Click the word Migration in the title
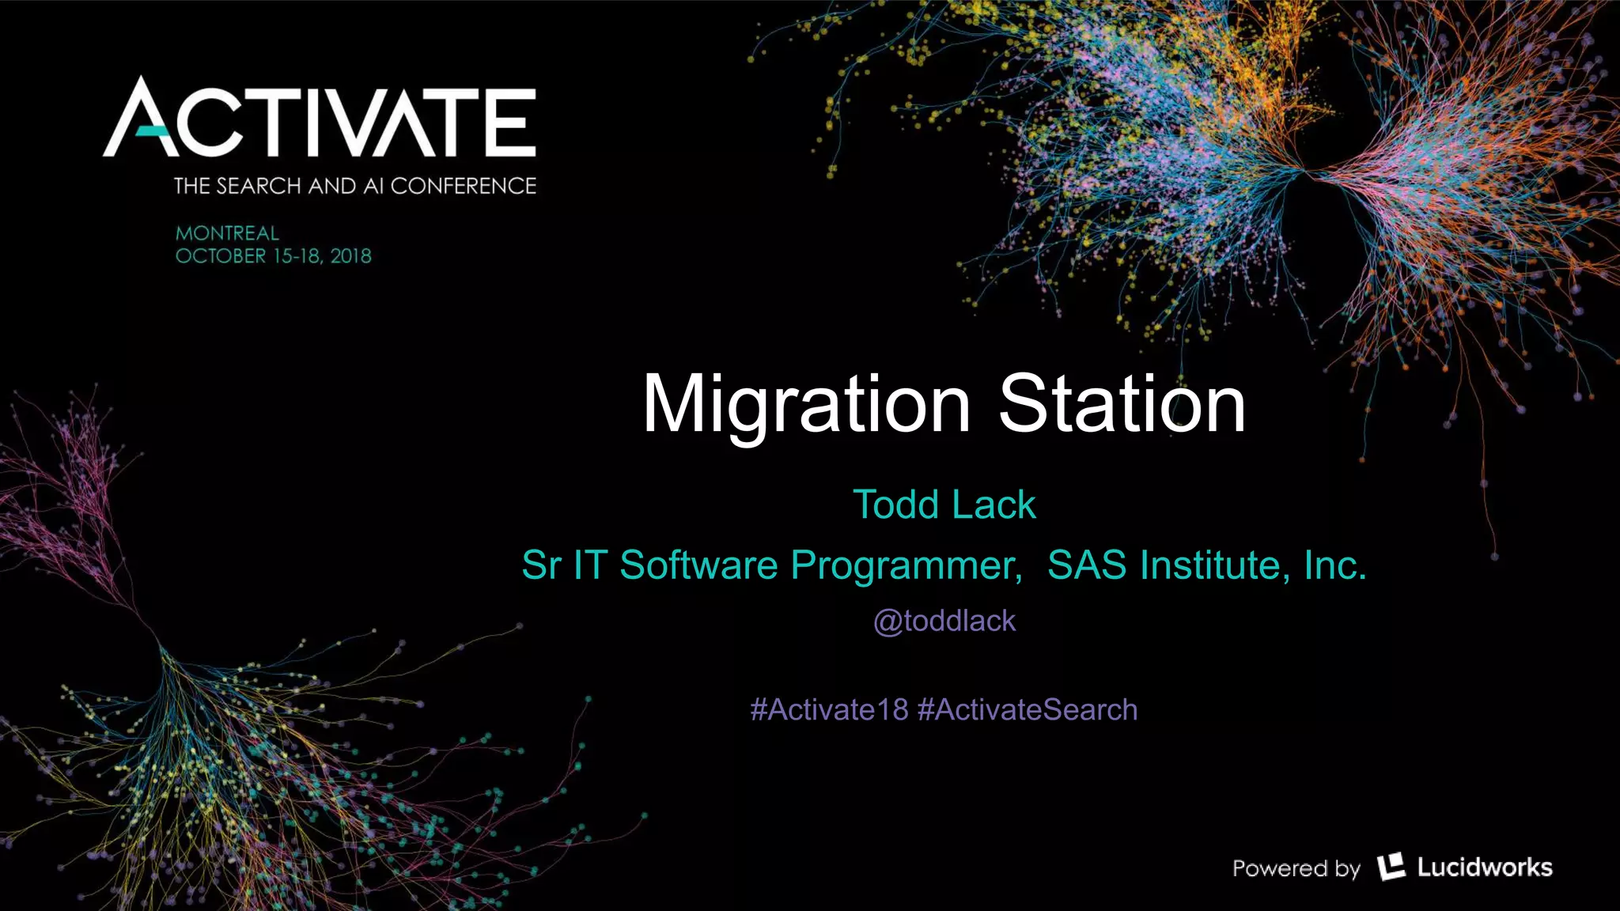coord(806,405)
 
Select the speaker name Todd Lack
coord(944,505)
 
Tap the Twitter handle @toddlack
coord(944,622)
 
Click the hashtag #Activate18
coord(829,710)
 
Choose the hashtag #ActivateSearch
coord(1027,710)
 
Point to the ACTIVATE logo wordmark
coord(320,119)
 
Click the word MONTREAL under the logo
coord(227,233)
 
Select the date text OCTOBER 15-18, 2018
coord(273,256)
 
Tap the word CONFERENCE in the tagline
coord(463,186)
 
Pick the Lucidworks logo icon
coord(1391,867)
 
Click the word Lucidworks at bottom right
coord(1484,868)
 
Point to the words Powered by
coord(1296,868)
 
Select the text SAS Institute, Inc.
coord(1206,565)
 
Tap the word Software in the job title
coord(698,565)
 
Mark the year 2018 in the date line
coord(350,256)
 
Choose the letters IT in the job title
coord(589,565)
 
